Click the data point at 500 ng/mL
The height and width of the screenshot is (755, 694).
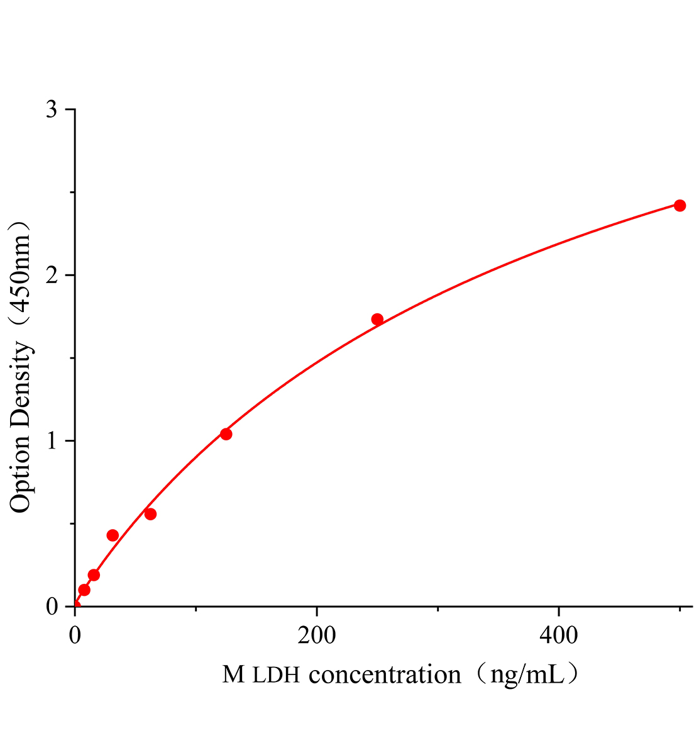click(680, 206)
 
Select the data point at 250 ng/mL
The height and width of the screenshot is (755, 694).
click(377, 319)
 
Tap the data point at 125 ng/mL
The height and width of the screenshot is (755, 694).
click(226, 434)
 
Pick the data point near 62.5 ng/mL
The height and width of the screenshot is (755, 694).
click(150, 514)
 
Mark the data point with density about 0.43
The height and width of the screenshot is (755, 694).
click(113, 535)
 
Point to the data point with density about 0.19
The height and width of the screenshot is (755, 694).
click(94, 575)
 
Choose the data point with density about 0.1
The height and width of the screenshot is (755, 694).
click(84, 590)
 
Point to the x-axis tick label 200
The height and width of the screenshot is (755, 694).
click(317, 635)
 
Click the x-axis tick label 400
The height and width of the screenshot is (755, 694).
click(559, 635)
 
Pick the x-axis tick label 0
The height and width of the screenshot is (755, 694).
click(75, 635)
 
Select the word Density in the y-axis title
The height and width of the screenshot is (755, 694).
click(21, 388)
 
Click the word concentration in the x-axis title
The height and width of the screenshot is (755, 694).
click(385, 675)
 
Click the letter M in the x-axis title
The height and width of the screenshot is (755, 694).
click(233, 675)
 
